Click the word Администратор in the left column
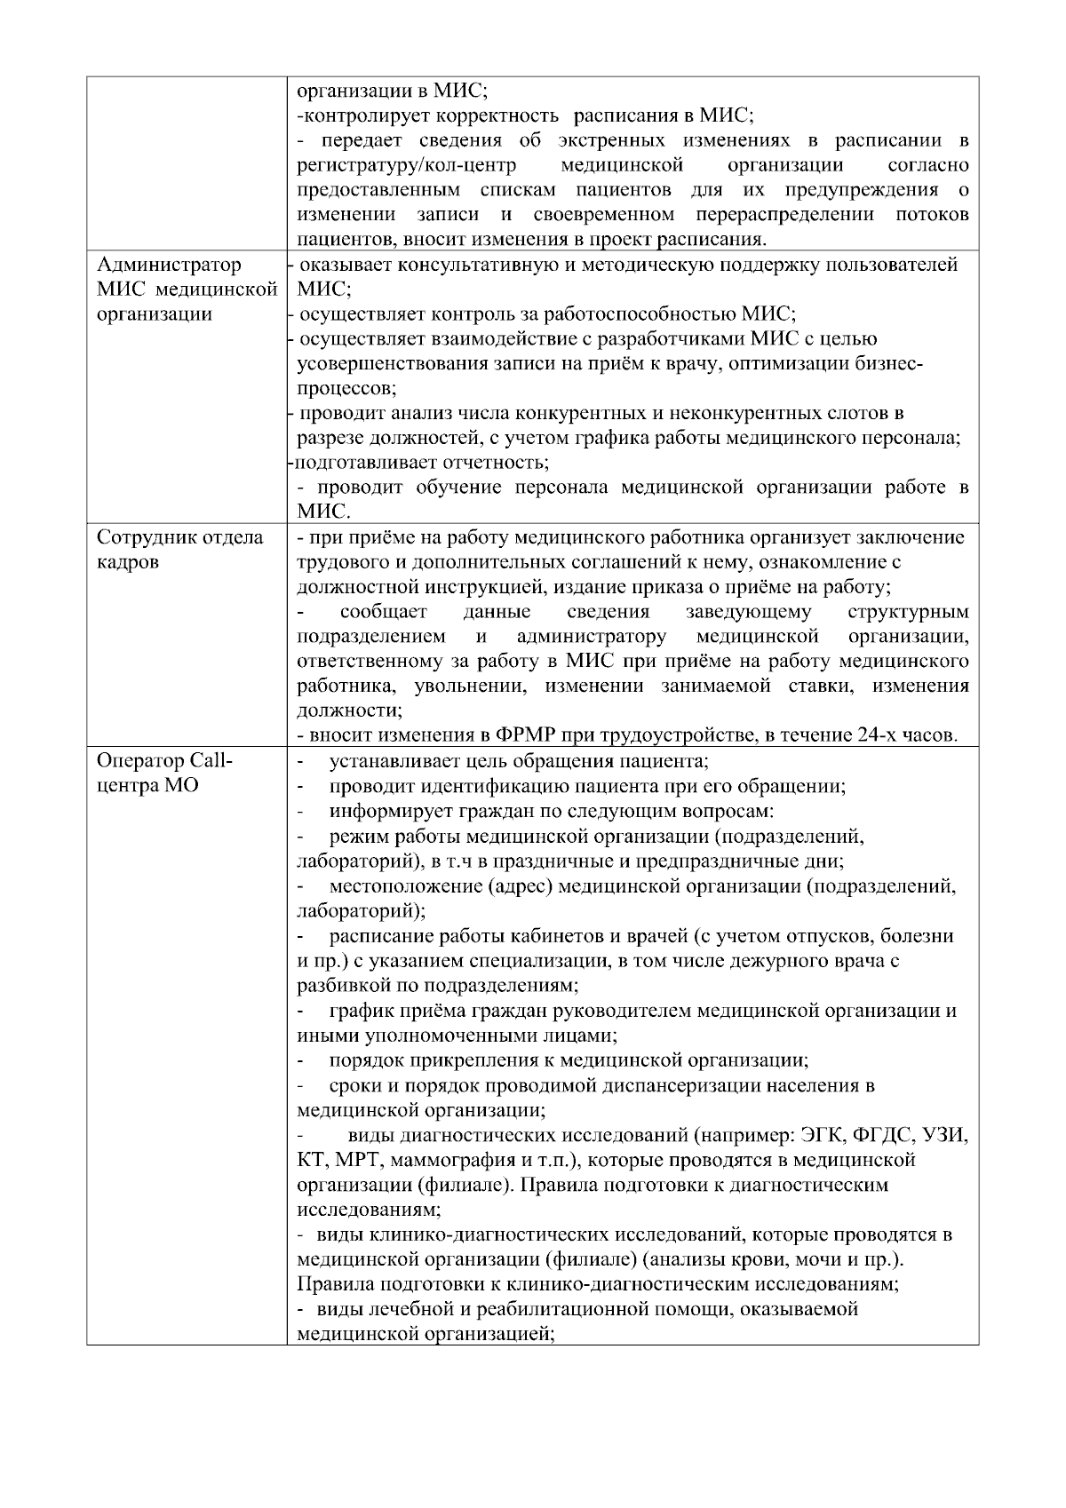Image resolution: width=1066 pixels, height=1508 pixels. click(169, 265)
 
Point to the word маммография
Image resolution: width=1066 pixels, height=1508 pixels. click(448, 1160)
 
